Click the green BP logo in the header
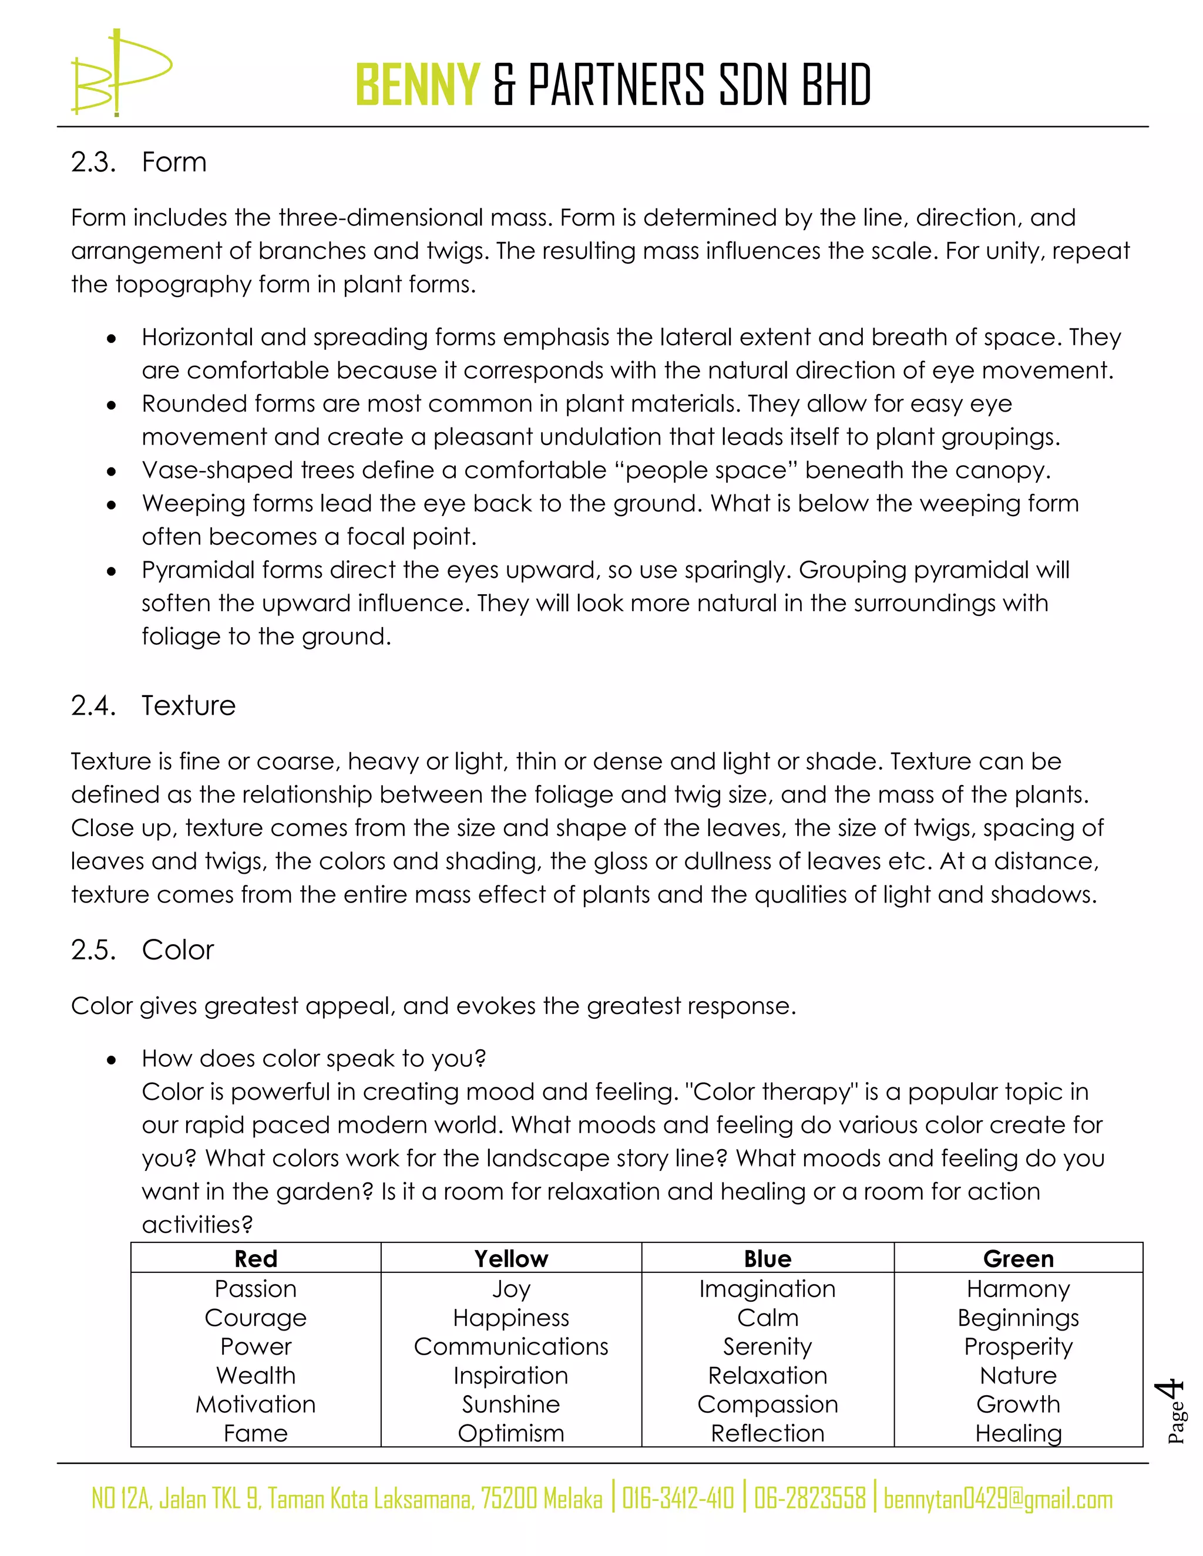(x=120, y=73)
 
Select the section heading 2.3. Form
(x=139, y=163)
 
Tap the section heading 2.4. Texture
(x=153, y=705)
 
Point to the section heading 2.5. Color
(x=143, y=949)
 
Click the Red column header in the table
(x=256, y=1259)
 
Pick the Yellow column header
(x=511, y=1259)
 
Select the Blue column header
(x=768, y=1259)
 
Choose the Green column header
(x=1019, y=1259)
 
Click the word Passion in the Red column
(x=256, y=1289)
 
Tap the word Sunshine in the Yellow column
(x=511, y=1405)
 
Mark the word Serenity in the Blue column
(x=768, y=1346)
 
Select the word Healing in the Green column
(x=1019, y=1433)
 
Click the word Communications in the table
(x=511, y=1346)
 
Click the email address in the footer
(x=998, y=1499)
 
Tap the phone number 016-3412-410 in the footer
(x=678, y=1499)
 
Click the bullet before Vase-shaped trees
(x=111, y=471)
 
